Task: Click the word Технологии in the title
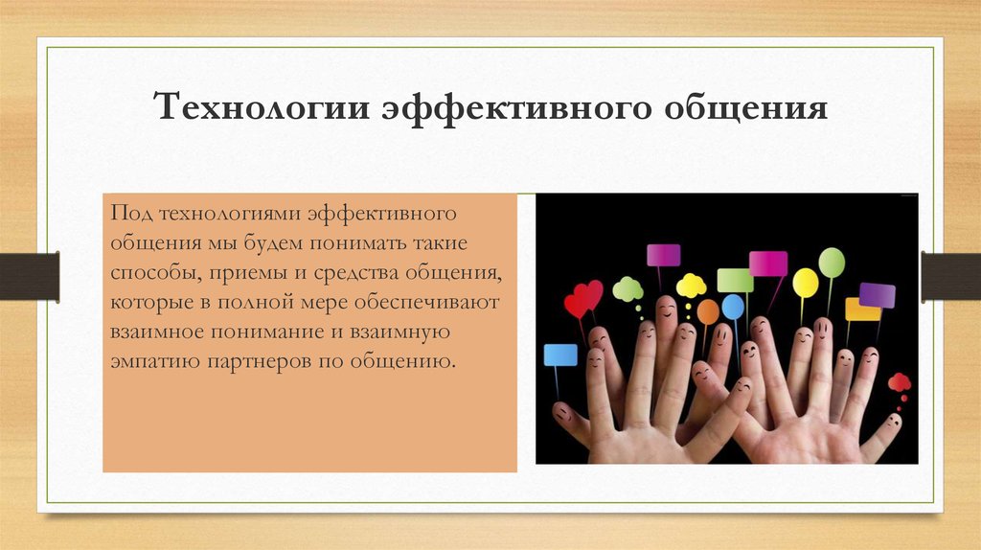(262, 106)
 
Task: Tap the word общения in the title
(745, 107)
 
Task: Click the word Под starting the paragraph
(130, 214)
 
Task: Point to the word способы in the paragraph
(155, 274)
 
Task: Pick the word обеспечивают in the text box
(426, 302)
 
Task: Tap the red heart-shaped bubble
(583, 299)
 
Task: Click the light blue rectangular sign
(559, 355)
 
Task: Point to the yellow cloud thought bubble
(691, 286)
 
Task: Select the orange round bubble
(708, 311)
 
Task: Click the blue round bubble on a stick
(733, 308)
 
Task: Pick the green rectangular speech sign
(735, 281)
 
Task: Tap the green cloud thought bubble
(627, 289)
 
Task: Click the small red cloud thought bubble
(899, 381)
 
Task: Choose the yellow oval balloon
(805, 283)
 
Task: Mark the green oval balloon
(832, 263)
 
